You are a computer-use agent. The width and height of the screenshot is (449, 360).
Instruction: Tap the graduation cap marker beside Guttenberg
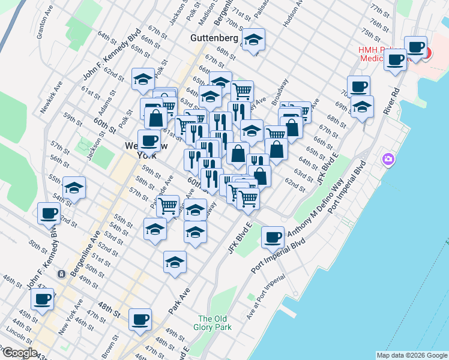(x=254, y=40)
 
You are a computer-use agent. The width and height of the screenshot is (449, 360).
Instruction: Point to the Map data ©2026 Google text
(x=411, y=355)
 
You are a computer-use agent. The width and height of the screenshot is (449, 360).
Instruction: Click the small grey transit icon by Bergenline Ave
(x=61, y=274)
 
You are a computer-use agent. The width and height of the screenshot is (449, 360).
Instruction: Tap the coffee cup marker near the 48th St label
(x=140, y=320)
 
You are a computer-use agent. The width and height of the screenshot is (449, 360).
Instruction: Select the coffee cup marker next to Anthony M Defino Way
(x=273, y=237)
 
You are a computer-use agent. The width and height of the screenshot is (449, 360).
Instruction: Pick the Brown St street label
(x=109, y=344)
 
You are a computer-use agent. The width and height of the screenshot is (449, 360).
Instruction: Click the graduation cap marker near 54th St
(x=74, y=187)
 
